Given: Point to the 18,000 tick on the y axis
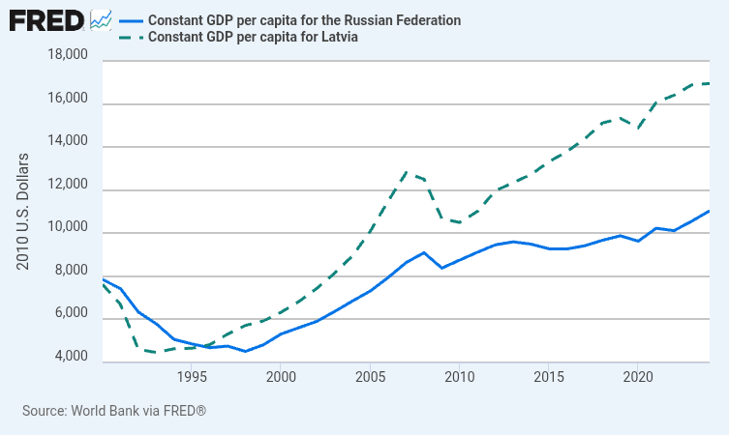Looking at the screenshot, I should (68, 58).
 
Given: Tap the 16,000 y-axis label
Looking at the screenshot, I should (68, 101).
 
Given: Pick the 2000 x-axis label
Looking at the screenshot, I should (280, 376).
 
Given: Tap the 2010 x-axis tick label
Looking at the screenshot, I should (459, 376).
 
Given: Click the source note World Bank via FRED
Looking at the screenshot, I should (114, 411).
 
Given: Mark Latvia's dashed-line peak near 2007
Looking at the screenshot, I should (407, 172).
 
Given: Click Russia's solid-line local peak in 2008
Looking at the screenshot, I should (424, 252).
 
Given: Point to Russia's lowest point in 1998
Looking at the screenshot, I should (245, 351).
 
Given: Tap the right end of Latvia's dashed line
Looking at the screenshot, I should (710, 83).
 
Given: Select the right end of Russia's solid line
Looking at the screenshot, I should (710, 211).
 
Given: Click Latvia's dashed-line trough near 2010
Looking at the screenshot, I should (459, 223).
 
